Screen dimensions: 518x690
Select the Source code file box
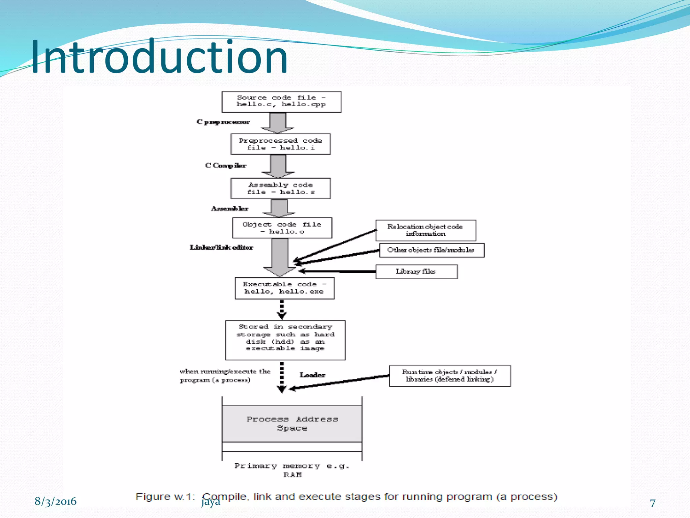(x=281, y=102)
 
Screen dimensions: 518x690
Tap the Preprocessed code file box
(x=281, y=144)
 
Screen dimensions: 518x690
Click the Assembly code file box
(x=281, y=189)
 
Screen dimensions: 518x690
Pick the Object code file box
(x=282, y=228)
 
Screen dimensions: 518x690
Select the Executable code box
(x=284, y=288)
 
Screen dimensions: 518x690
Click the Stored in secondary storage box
(x=285, y=340)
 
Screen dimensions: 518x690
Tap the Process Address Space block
(x=292, y=424)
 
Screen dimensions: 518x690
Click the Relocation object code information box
(x=426, y=230)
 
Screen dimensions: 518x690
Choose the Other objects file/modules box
(x=431, y=250)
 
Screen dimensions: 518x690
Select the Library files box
(x=416, y=272)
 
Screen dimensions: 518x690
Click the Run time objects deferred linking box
(x=449, y=376)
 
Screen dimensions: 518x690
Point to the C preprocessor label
(x=223, y=122)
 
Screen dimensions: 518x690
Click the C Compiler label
(x=226, y=166)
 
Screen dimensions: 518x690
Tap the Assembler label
(x=229, y=209)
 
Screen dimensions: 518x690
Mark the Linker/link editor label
(x=221, y=248)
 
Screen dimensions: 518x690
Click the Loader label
(x=312, y=375)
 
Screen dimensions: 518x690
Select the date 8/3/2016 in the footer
(x=56, y=501)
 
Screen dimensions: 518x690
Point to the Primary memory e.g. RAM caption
(x=292, y=470)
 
